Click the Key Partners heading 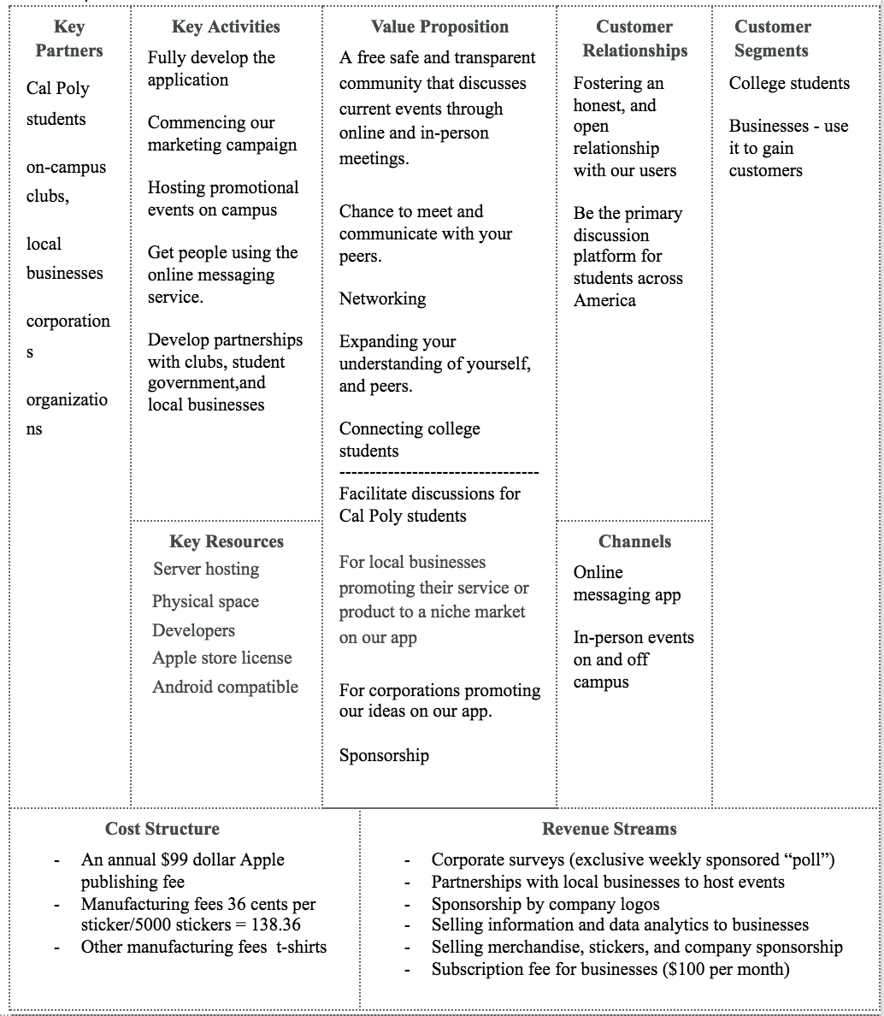(x=68, y=38)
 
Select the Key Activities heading (x=226, y=27)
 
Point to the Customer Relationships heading (x=634, y=38)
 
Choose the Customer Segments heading (x=772, y=38)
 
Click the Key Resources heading (x=227, y=541)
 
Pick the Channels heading (x=634, y=541)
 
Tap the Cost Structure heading (x=162, y=829)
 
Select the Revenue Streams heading (x=610, y=829)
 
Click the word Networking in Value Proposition (x=382, y=298)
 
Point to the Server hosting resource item (x=206, y=569)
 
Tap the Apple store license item (x=222, y=658)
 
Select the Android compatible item (x=226, y=687)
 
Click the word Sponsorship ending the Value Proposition (x=384, y=755)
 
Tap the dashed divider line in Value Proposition (x=439, y=472)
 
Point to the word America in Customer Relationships (x=604, y=300)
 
